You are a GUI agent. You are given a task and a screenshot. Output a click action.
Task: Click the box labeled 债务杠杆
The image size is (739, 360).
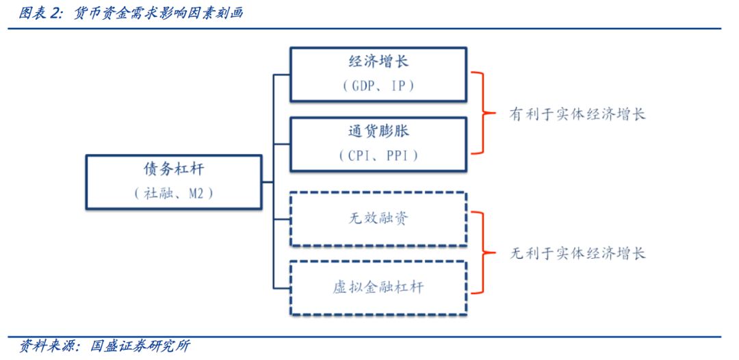pyautogui.click(x=173, y=182)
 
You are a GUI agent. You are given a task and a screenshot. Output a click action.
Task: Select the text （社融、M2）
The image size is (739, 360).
pyautogui.click(x=173, y=194)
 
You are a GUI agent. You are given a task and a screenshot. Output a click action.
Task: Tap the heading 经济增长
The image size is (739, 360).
pyautogui.click(x=378, y=62)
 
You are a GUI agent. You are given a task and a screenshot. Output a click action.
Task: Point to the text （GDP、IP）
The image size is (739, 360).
pyautogui.click(x=378, y=86)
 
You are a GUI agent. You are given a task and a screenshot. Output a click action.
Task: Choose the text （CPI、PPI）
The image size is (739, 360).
pyautogui.click(x=378, y=156)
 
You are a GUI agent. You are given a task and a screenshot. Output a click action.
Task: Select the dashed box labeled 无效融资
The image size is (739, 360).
pyautogui.click(x=378, y=219)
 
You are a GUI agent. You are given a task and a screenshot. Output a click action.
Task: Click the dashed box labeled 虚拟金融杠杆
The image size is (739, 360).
pyautogui.click(x=378, y=287)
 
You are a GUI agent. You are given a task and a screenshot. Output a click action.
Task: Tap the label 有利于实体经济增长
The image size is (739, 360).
pyautogui.click(x=578, y=114)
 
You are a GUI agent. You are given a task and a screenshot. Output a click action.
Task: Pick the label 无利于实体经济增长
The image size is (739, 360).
pyautogui.click(x=578, y=253)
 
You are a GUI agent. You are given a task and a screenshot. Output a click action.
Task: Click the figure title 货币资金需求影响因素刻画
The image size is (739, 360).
pyautogui.click(x=158, y=13)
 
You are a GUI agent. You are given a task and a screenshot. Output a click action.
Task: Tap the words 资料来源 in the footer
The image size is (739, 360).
pyautogui.click(x=47, y=346)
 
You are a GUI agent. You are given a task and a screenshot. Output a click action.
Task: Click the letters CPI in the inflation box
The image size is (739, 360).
pyautogui.click(x=358, y=156)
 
